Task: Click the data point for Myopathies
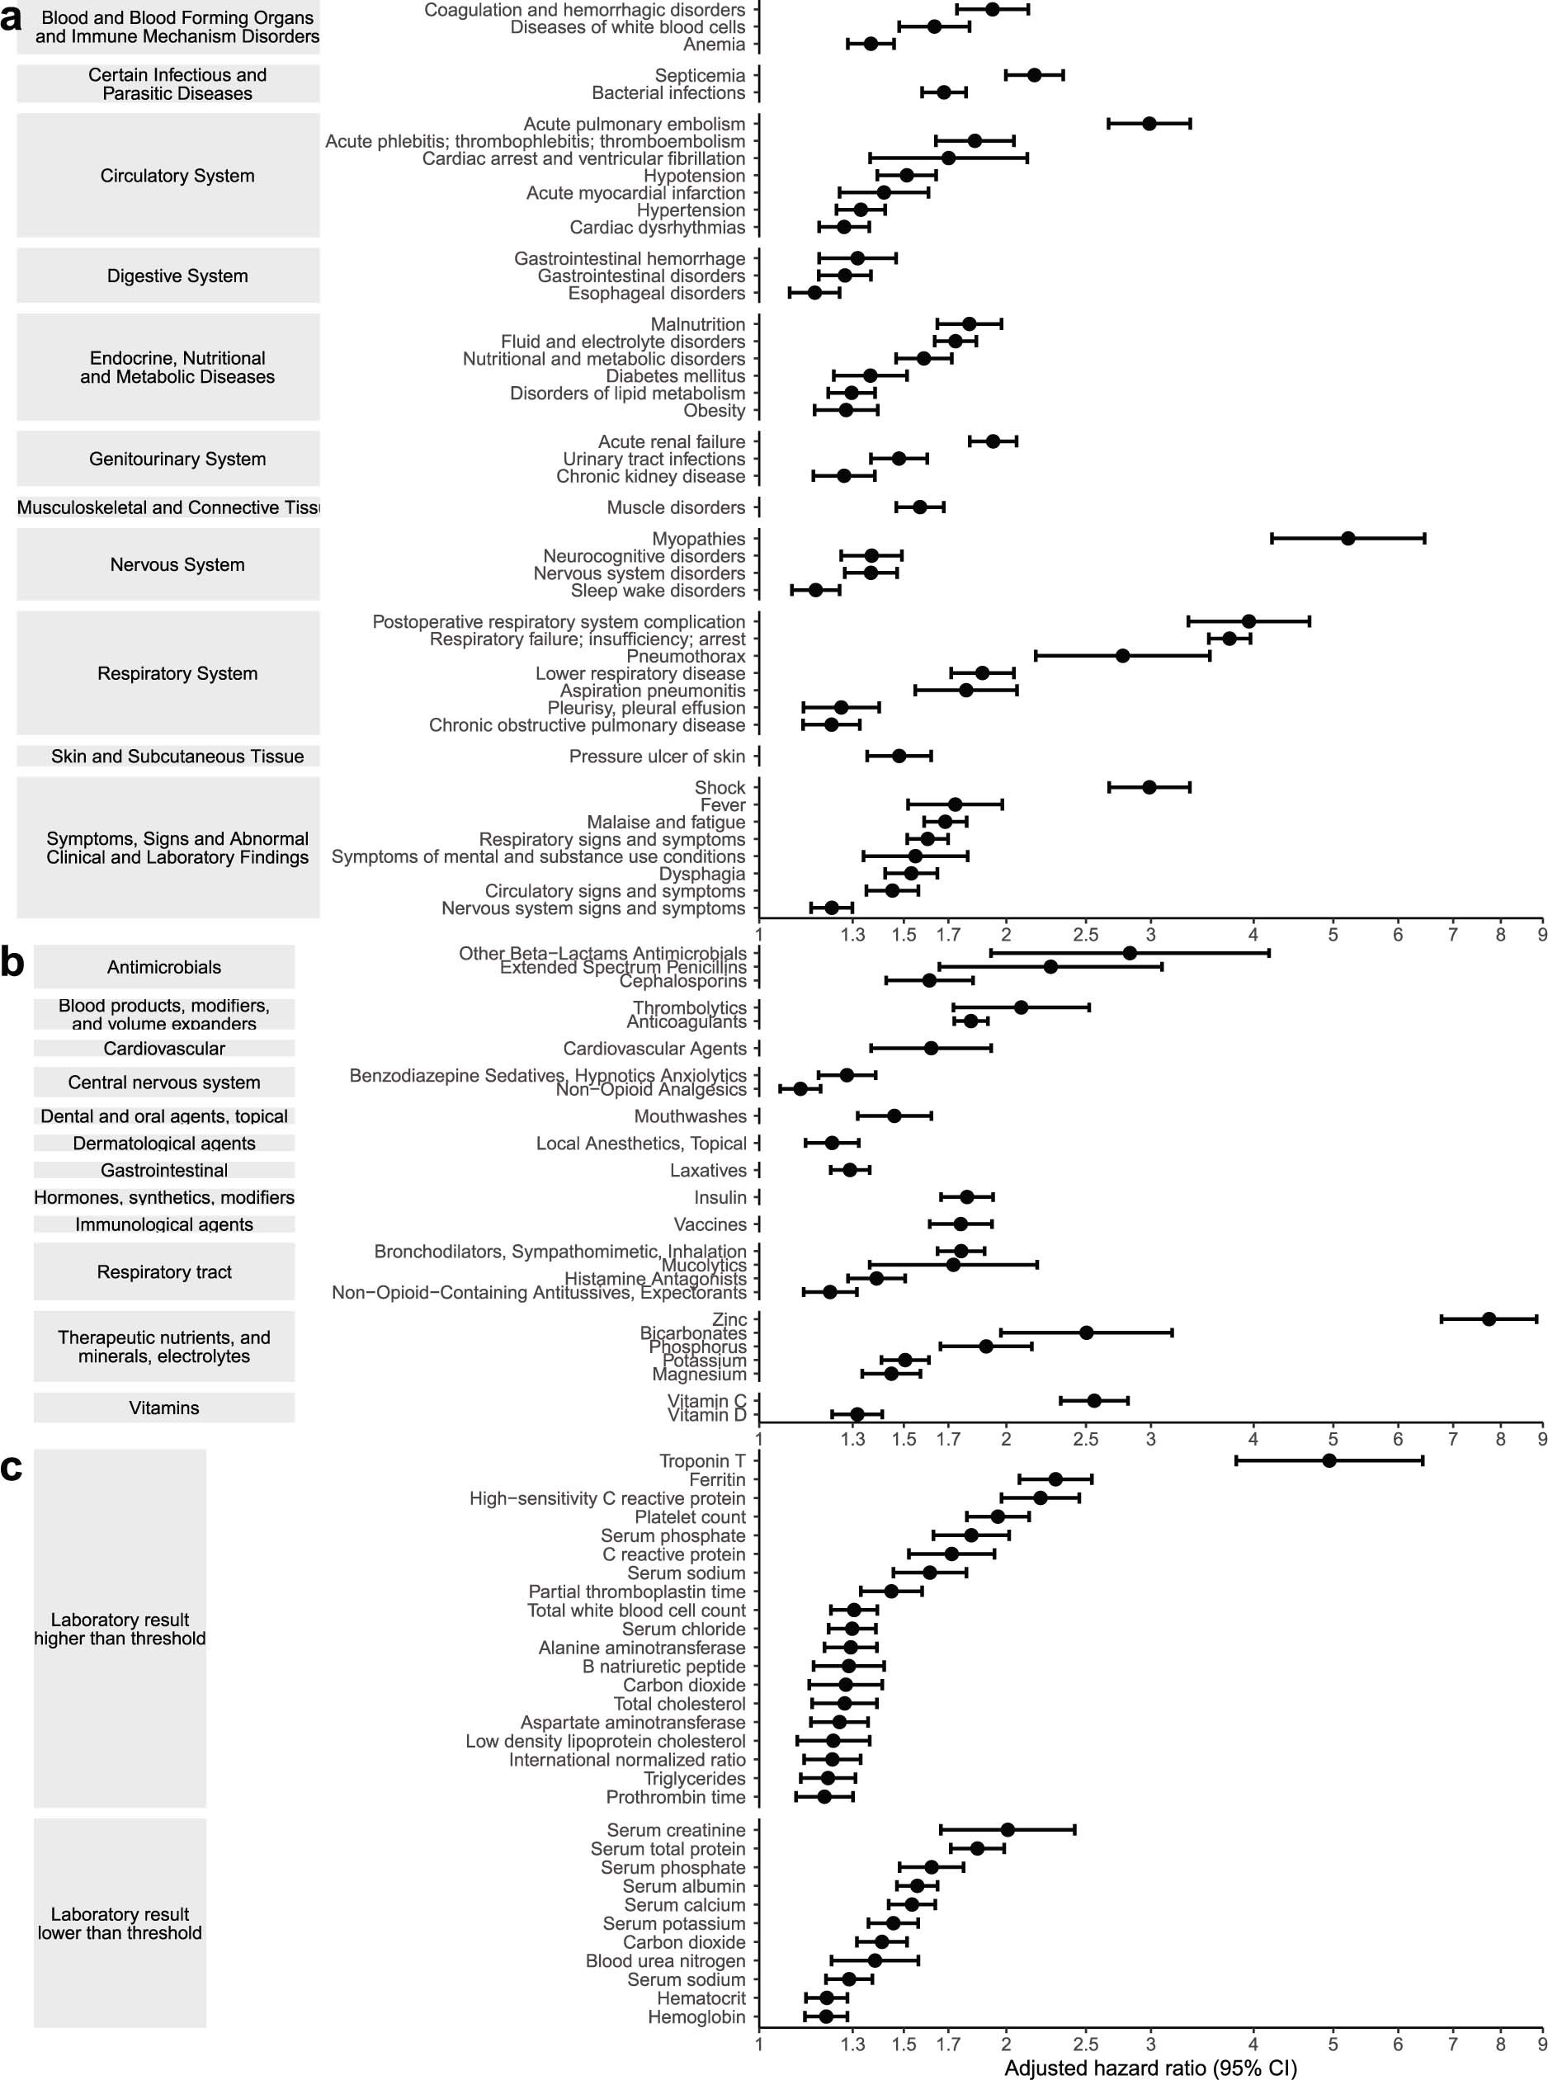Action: point(1347,538)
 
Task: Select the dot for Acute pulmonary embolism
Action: point(1149,123)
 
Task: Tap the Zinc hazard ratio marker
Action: point(1489,1318)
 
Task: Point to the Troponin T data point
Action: point(1329,1460)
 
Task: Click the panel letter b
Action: point(12,962)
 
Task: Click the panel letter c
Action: point(12,1468)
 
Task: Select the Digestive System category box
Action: point(168,276)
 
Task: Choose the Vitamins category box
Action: point(164,1408)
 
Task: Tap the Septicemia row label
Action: point(700,75)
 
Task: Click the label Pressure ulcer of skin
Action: point(657,756)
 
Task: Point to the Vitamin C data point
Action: point(1093,1401)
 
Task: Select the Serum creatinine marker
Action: point(1008,1830)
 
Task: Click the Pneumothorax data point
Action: point(1122,656)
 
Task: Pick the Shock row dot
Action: point(1149,787)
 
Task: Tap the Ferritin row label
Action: point(717,1479)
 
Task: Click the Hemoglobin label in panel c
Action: point(696,2017)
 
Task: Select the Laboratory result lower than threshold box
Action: point(120,1923)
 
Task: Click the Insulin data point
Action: point(966,1196)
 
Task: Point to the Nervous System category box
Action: point(168,564)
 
